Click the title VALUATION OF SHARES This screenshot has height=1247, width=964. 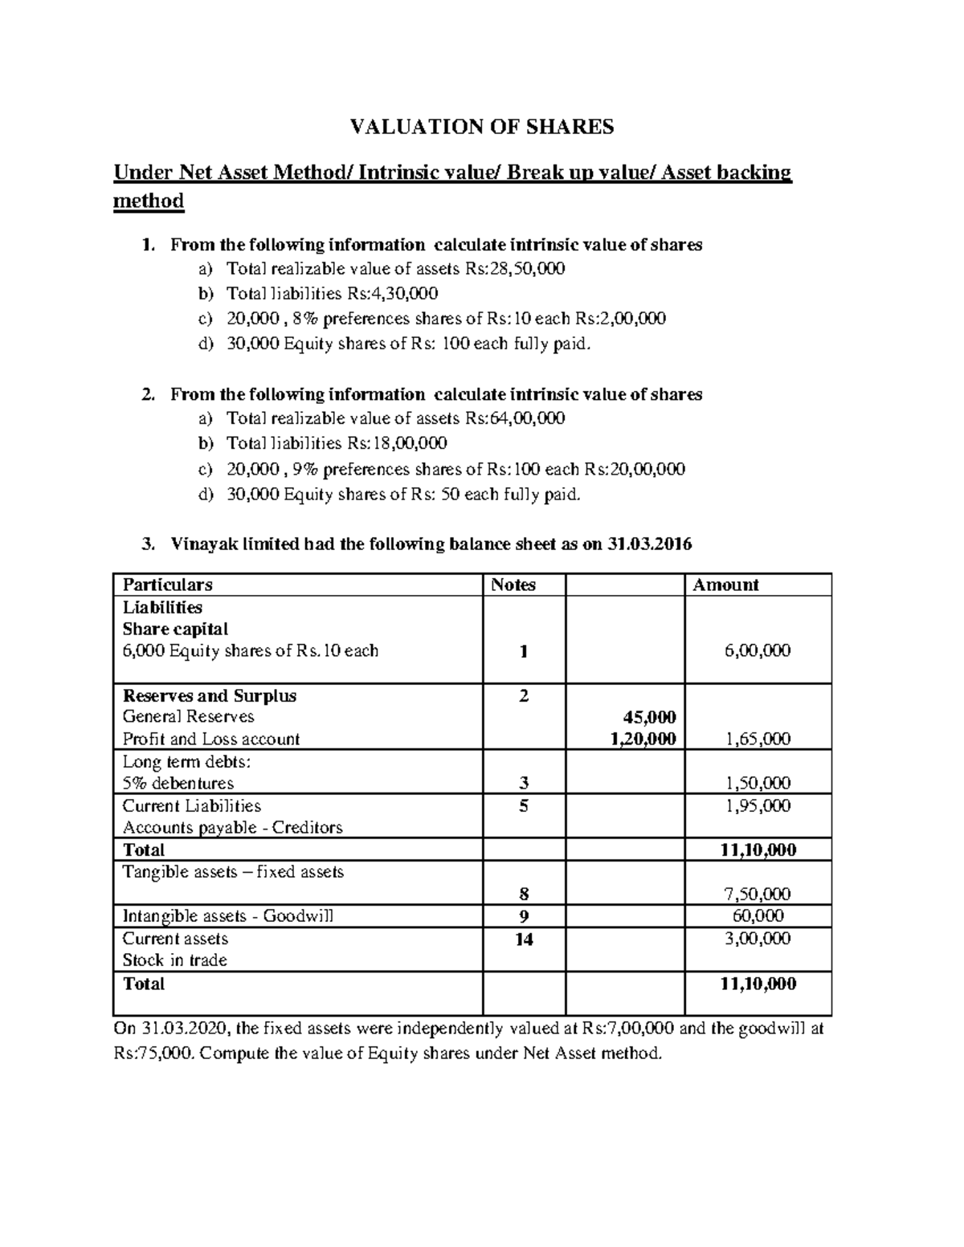[480, 126]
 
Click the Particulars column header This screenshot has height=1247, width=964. [167, 585]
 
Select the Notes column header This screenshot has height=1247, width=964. [513, 585]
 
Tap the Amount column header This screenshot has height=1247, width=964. [725, 585]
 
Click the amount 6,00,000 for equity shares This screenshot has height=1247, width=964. [758, 650]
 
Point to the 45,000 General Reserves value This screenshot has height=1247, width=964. [650, 716]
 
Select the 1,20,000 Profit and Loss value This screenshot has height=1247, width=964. [643, 739]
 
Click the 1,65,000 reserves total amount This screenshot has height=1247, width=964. [758, 739]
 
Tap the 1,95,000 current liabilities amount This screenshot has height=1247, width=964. [758, 805]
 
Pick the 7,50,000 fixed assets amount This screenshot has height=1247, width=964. [758, 894]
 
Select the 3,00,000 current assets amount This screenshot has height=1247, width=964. [758, 939]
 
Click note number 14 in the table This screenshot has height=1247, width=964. [524, 939]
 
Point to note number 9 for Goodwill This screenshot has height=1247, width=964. [524, 916]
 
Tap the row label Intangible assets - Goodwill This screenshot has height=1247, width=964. [227, 916]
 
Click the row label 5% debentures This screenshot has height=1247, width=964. [178, 783]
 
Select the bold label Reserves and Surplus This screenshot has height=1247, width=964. [209, 695]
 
